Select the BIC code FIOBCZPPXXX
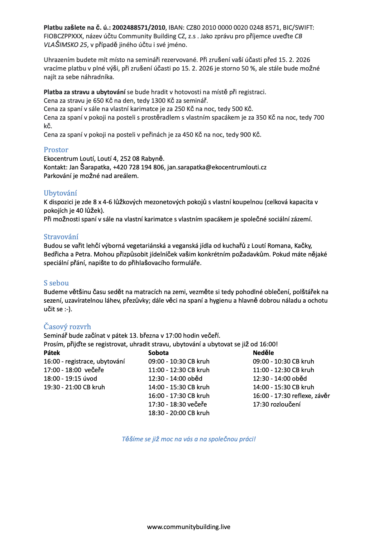tap(63, 36)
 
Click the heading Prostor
tap(56, 150)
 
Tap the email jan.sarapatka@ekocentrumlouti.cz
tap(217, 167)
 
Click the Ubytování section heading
tap(60, 193)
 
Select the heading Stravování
tap(61, 237)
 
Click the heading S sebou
tap(56, 283)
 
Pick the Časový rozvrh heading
tap(67, 327)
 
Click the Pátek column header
tap(52, 353)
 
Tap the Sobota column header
tap(158, 353)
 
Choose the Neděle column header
tap(263, 353)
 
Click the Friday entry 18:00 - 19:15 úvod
tap(70, 379)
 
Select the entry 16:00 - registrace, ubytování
tap(84, 361)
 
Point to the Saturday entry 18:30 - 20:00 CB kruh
tap(179, 413)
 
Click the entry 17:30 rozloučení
tap(277, 404)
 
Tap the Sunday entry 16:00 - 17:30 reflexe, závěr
tap(291, 396)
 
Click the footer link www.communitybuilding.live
tap(189, 527)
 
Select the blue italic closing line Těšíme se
tap(189, 439)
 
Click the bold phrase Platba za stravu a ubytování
tap(85, 92)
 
